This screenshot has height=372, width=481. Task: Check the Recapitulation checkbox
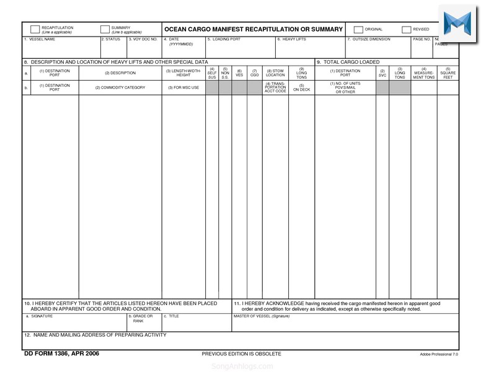click(x=35, y=29)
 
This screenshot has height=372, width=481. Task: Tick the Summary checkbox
click(x=105, y=29)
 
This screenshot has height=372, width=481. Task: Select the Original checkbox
click(x=358, y=29)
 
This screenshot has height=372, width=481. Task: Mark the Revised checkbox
click(x=407, y=29)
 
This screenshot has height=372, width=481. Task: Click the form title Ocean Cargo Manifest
click(x=253, y=29)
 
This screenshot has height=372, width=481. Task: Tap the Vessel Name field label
click(x=40, y=39)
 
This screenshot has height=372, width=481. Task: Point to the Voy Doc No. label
click(x=143, y=39)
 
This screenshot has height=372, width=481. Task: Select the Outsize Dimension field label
click(x=369, y=39)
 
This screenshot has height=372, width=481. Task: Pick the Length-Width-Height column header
click(x=183, y=73)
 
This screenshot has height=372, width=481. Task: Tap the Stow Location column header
click(x=275, y=73)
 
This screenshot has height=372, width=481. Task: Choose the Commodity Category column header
click(x=120, y=87)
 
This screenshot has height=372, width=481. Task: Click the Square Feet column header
click(x=448, y=73)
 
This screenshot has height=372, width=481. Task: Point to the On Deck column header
click(x=301, y=87)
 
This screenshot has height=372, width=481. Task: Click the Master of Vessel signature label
click(x=261, y=316)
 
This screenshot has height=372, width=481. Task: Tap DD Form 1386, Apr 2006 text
click(x=61, y=353)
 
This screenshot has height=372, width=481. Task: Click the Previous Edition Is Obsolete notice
click(x=241, y=353)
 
